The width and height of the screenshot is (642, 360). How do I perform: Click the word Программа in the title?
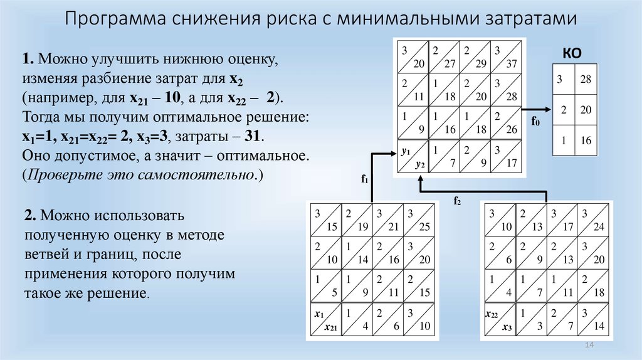pos(115,19)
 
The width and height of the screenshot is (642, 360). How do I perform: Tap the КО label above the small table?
pos(572,53)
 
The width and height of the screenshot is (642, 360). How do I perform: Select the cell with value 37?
pos(506,56)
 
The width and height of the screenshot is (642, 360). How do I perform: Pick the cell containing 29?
pos(475,56)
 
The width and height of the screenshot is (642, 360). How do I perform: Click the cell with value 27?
pos(445,56)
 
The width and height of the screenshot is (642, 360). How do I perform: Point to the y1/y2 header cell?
pos(413,156)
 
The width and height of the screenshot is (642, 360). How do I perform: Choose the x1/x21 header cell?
pos(326,319)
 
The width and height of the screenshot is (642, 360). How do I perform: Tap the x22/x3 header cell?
pos(500,319)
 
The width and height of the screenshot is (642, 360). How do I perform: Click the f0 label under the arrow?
pos(535,121)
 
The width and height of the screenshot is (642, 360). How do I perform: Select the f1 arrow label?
pos(365,179)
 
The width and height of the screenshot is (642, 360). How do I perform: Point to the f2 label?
pos(457,201)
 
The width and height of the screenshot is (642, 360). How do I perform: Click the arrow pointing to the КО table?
pos(537,109)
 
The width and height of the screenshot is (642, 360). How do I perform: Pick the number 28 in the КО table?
pos(586,79)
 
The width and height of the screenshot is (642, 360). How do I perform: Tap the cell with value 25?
pos(419,220)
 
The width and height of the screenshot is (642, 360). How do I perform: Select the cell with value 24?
pos(593,220)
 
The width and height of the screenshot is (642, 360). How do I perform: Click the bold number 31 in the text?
pos(253,135)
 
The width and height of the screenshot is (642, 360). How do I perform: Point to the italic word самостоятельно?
pos(195,175)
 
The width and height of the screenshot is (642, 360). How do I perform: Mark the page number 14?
pos(589,345)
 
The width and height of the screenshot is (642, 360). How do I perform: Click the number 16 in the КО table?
pos(586,140)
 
